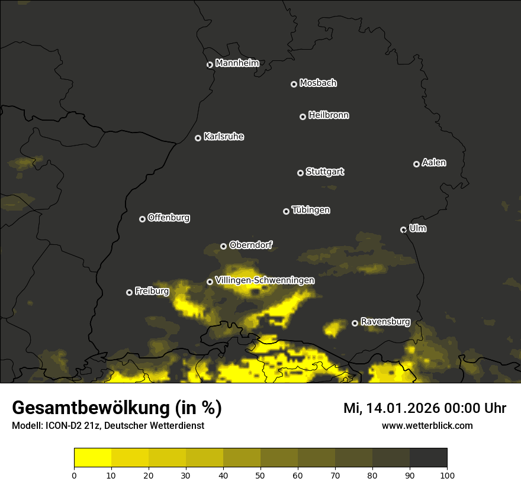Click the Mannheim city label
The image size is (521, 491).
237,63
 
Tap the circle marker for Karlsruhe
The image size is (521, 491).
198,138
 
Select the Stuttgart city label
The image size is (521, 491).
324,172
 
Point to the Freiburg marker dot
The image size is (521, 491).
129,292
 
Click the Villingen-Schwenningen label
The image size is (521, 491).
265,280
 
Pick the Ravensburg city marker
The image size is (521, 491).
355,323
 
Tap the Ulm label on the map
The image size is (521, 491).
417,229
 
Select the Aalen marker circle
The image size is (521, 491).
416,164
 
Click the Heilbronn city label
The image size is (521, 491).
329,115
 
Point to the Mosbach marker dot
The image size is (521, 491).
293,85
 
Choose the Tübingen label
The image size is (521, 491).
311,210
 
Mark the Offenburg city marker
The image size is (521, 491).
142,219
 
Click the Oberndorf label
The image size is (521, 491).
250,245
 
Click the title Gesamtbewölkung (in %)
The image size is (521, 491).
117,408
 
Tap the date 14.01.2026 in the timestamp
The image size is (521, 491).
403,408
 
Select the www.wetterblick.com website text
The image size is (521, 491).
427,425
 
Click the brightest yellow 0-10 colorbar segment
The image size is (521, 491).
92,458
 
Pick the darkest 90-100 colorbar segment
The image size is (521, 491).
428,458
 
